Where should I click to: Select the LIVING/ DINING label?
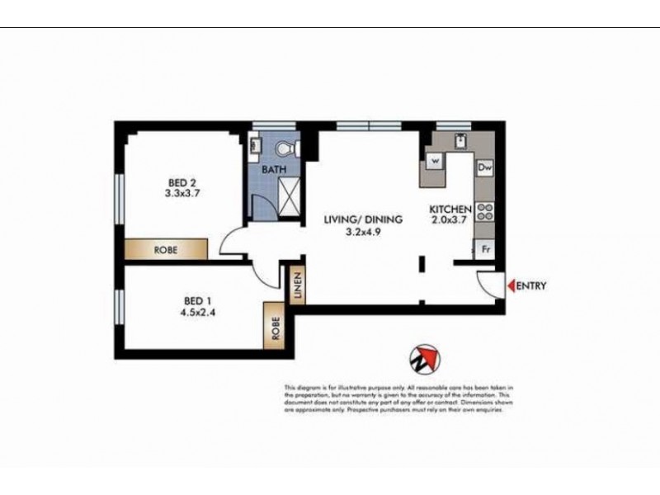[x=362, y=220]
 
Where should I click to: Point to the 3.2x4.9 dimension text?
[x=362, y=233]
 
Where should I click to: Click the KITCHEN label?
[x=450, y=210]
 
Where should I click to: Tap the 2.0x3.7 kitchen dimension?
[x=450, y=221]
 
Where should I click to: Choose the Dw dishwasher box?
[x=485, y=167]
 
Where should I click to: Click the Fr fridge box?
[x=485, y=247]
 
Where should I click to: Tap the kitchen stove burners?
[x=485, y=211]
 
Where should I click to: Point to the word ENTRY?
[x=531, y=286]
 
